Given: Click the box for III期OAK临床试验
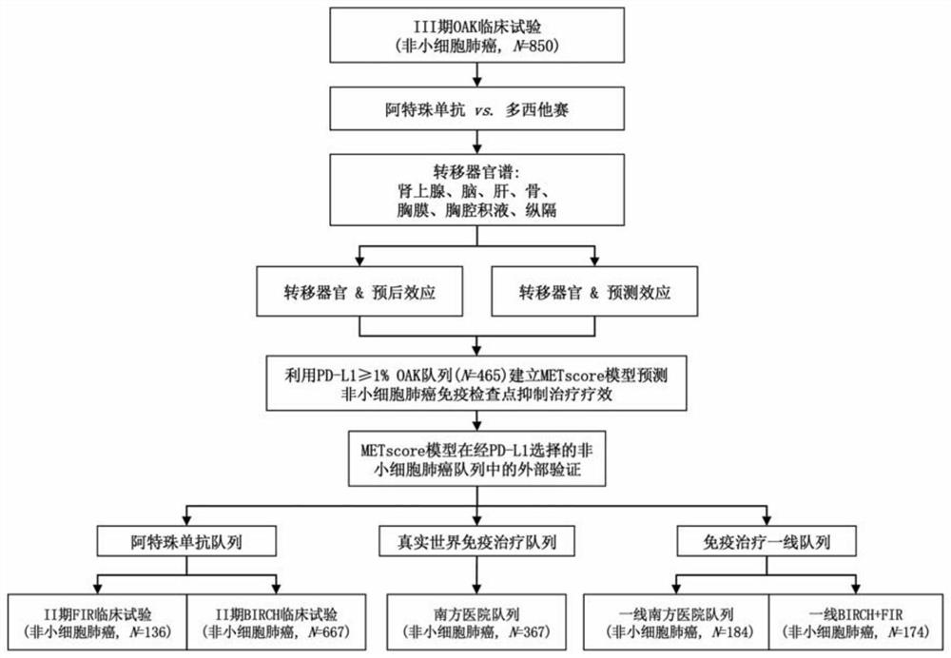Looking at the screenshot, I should pyautogui.click(x=475, y=34).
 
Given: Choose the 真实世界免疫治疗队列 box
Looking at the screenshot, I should pyautogui.click(x=475, y=543).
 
